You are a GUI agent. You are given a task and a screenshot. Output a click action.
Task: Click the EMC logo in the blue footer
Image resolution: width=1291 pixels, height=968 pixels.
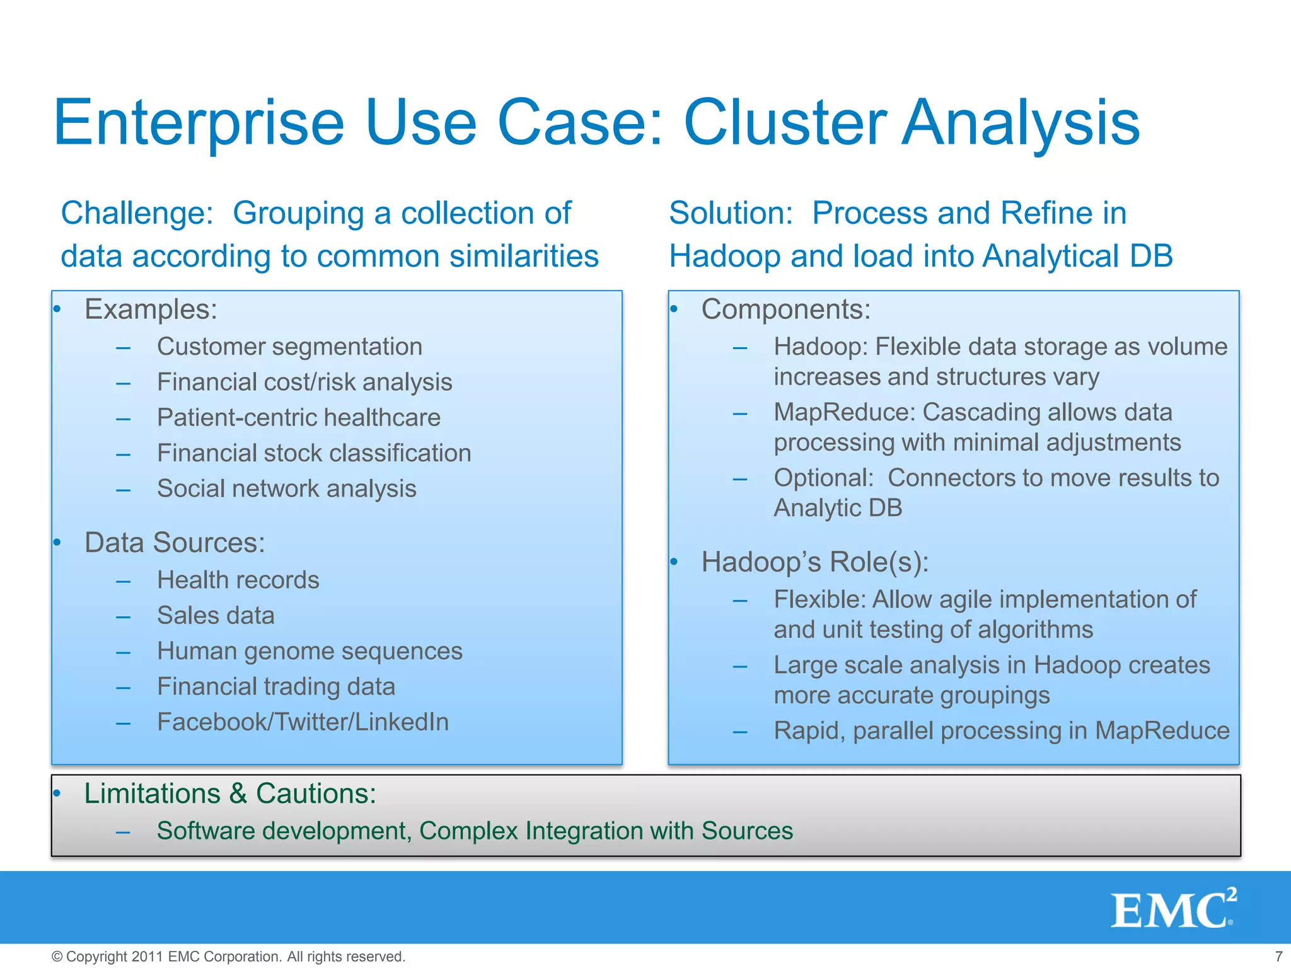pos(1172,909)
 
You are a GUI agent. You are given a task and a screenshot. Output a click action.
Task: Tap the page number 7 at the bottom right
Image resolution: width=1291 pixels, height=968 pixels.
pos(1278,956)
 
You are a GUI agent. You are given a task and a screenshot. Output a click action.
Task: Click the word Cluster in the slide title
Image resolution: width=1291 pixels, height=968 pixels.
pos(785,122)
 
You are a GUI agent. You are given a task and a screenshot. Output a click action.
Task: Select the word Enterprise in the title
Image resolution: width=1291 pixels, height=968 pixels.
pos(199,124)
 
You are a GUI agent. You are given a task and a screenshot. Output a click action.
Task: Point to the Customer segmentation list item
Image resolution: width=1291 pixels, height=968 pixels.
pos(289,347)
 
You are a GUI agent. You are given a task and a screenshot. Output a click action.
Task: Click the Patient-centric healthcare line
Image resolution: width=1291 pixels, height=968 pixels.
pos(298,417)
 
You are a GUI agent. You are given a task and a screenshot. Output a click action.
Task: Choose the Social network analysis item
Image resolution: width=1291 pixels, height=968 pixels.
pos(286,488)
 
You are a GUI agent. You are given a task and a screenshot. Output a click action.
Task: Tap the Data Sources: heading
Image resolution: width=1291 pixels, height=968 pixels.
pos(175,543)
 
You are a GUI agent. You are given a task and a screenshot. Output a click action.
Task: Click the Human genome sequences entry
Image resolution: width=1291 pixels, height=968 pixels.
pos(310,651)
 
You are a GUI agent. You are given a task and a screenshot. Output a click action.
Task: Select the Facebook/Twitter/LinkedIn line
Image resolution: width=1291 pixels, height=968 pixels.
pos(303,722)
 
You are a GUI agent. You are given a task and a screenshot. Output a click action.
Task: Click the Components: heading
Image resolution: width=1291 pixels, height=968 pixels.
pos(785,309)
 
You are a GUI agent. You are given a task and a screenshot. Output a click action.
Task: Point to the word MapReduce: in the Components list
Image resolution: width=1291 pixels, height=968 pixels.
pos(844,412)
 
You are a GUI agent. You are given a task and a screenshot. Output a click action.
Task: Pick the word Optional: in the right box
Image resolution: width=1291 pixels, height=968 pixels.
pos(823,478)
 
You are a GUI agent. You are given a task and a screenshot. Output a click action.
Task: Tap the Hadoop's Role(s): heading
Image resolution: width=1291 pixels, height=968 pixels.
pos(814,562)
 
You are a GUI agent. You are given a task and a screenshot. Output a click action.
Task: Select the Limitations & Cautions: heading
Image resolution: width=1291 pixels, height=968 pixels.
pos(230,793)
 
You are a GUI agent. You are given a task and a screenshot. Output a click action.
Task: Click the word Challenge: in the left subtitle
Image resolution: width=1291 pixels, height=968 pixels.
pos(137,213)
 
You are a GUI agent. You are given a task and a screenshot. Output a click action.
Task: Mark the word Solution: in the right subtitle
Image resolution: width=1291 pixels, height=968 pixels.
pos(731,213)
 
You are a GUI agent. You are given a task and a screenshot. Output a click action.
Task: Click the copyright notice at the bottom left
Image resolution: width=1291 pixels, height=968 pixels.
pos(228,956)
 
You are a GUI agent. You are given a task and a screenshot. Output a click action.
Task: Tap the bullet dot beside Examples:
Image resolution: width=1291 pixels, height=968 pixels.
pos(57,309)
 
